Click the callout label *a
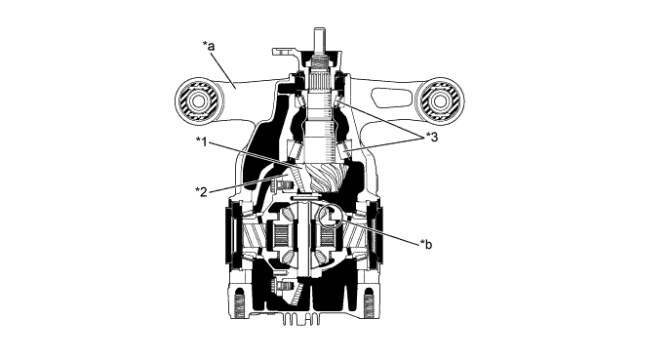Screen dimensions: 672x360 pos(209,46)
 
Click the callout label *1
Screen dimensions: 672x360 pos(202,141)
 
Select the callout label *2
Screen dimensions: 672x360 pos(202,191)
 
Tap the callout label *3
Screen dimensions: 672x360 pos(432,138)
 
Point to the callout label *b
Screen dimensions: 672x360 pos(426,244)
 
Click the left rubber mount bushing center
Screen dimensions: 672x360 pos(199,101)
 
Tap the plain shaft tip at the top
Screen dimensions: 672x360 pos(320,39)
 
